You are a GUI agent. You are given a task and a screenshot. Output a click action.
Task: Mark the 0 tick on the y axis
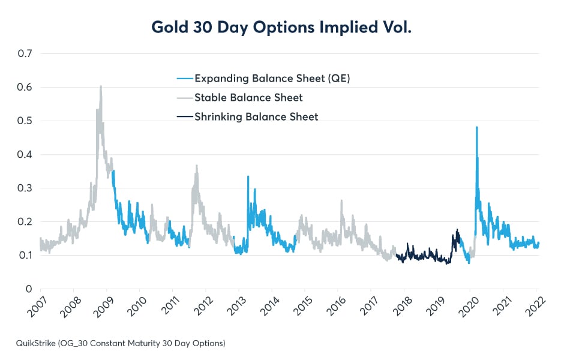click(28, 289)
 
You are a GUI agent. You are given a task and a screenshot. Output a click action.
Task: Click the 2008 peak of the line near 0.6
click(101, 86)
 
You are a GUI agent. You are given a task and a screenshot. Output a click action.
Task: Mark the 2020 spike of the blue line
click(476, 127)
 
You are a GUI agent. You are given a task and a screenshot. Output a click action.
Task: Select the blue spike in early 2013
click(248, 176)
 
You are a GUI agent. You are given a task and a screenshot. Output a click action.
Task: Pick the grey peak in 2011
click(196, 166)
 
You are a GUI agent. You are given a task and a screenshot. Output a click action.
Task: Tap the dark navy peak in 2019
click(457, 230)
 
